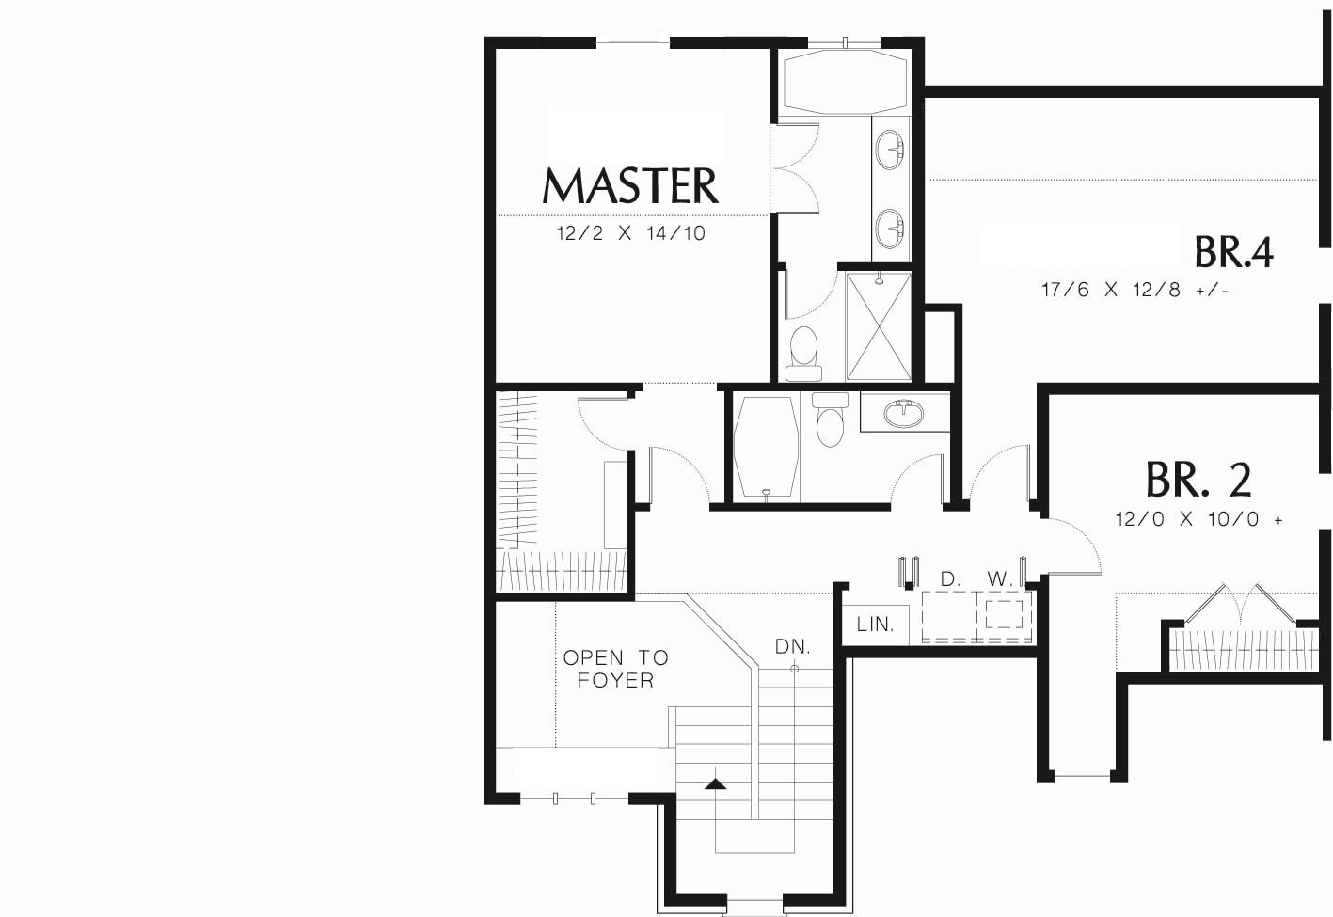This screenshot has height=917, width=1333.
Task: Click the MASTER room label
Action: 630,185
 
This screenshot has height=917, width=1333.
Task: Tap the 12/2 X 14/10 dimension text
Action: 631,233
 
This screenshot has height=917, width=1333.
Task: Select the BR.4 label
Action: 1233,252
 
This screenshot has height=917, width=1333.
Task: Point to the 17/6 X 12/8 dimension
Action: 1135,290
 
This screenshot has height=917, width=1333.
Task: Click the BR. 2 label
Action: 1198,479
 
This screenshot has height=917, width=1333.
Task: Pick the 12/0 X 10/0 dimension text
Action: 1199,519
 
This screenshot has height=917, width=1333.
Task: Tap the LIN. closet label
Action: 876,625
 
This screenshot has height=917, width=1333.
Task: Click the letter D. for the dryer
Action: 950,579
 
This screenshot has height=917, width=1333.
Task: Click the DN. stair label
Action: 793,646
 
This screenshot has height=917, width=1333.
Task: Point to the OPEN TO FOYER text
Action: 616,669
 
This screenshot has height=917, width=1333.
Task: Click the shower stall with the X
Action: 879,326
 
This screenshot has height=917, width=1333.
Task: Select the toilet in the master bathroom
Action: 803,354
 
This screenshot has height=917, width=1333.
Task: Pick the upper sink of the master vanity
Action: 890,150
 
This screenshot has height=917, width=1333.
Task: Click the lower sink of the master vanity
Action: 890,228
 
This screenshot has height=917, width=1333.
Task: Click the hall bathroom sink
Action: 903,414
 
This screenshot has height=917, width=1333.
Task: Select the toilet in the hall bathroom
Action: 830,419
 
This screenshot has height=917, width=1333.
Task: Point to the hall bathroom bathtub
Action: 766,447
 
